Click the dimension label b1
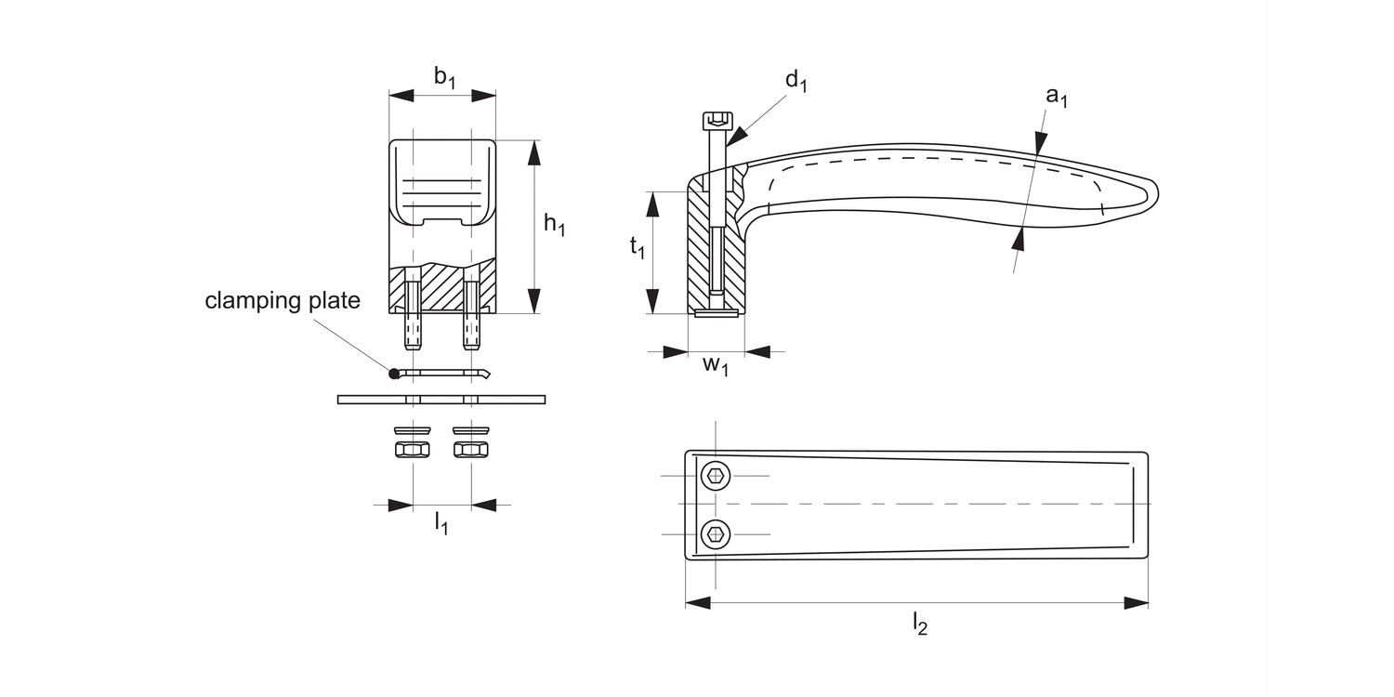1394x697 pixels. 445,78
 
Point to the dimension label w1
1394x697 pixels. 715,364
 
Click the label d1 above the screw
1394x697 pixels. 796,81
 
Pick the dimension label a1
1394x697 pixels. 1057,95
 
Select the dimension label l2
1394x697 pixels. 918,624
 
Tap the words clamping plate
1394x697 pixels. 282,301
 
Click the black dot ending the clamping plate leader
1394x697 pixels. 394,374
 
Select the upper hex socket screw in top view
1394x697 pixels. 716,476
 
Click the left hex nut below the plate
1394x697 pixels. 412,450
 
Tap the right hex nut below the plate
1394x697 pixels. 471,450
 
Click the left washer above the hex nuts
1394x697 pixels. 412,430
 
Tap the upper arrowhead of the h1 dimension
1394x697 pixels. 534,151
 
